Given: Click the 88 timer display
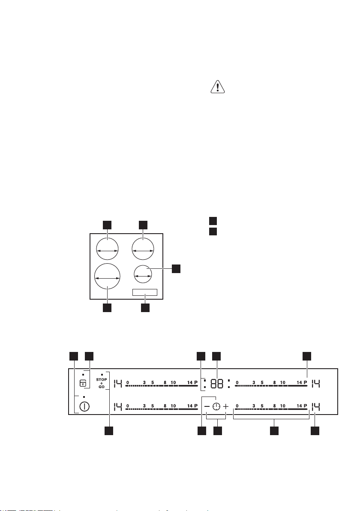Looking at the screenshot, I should [x=217, y=384].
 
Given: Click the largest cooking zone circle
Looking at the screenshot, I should [x=107, y=277].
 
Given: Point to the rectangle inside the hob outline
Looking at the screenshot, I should [x=145, y=292].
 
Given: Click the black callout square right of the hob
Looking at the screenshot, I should [x=176, y=269].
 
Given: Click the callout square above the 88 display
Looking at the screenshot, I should [x=216, y=356].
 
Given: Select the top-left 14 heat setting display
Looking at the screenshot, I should [x=117, y=384].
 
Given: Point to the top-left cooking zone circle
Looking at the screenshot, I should [x=107, y=249].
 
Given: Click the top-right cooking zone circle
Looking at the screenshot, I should [x=143, y=249].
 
